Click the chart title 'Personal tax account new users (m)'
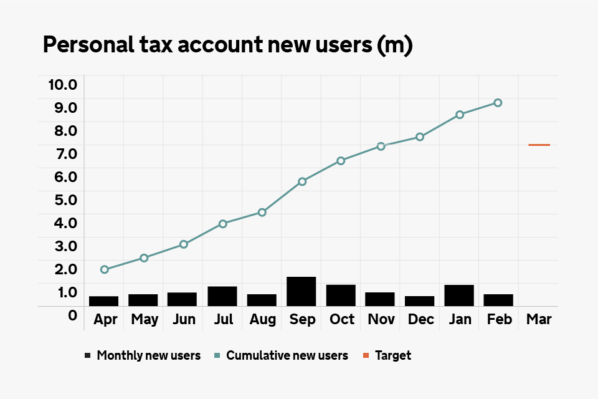coord(227,46)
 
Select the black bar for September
coord(301,291)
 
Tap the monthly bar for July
coord(222,296)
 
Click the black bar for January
coord(459,295)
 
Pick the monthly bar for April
coord(104,301)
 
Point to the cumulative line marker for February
coord(498,103)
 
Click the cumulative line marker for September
coord(302,181)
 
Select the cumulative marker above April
coord(105,269)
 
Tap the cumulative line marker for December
coord(420,137)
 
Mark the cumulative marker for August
coord(262,212)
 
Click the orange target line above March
coord(539,145)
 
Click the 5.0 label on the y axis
coord(62,199)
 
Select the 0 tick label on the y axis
coord(72,315)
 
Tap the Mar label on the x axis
coord(539,320)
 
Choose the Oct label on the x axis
coord(342,320)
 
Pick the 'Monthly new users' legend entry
coord(148,356)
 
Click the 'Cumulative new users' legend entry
coord(287,356)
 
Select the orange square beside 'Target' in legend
coord(366,356)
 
